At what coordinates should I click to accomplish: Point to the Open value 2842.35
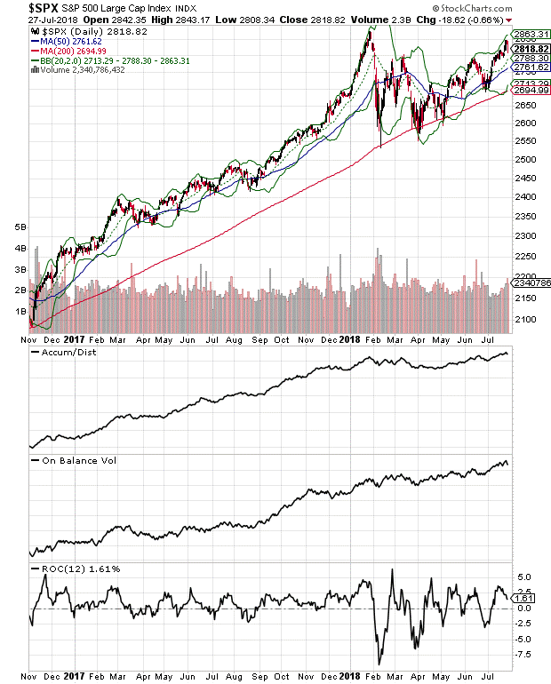tap(130, 21)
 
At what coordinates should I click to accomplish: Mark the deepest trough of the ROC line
tap(379, 663)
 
